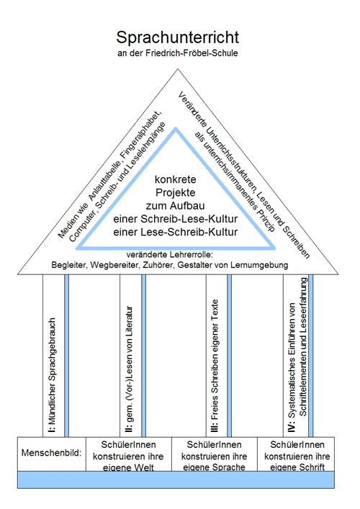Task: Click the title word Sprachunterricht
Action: (178, 37)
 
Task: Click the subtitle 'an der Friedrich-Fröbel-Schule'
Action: (178, 53)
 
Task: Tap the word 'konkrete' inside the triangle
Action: (175, 179)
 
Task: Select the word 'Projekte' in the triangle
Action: (175, 192)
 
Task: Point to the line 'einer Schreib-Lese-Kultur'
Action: (175, 219)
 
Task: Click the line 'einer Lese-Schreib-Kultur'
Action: (175, 232)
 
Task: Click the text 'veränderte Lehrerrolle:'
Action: (169, 255)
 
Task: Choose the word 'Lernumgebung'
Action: (259, 265)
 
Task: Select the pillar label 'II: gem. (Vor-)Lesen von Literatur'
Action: (129, 369)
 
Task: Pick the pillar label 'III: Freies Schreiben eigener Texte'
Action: (215, 366)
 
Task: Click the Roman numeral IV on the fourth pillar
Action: (292, 427)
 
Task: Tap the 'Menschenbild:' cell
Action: (52, 453)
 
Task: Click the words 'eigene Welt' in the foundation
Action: (128, 467)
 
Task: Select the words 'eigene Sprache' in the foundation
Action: (215, 467)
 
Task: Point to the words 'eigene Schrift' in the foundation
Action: (297, 467)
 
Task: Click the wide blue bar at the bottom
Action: (176, 479)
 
